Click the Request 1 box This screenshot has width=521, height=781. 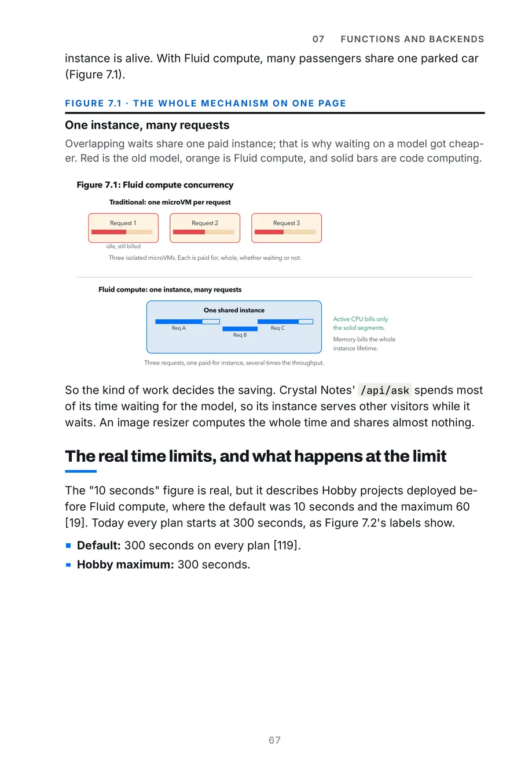click(123, 228)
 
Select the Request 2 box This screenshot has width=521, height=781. click(205, 228)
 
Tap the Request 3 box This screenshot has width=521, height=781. click(287, 228)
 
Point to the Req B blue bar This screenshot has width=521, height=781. click(240, 329)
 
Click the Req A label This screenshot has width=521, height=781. click(179, 328)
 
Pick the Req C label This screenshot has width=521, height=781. click(278, 328)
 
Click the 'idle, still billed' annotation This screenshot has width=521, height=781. click(123, 246)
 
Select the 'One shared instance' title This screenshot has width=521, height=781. click(234, 310)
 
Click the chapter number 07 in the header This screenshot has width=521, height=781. click(318, 39)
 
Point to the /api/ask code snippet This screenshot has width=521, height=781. click(384, 390)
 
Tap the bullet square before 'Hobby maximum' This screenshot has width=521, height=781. click(68, 565)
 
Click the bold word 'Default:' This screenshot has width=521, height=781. click(99, 546)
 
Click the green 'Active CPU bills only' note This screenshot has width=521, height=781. click(360, 319)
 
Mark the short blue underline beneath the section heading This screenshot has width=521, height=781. click(80, 471)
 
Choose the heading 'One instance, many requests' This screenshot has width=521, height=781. click(147, 125)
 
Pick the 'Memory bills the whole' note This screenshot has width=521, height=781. click(364, 339)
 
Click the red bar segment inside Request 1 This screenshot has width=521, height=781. click(109, 232)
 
